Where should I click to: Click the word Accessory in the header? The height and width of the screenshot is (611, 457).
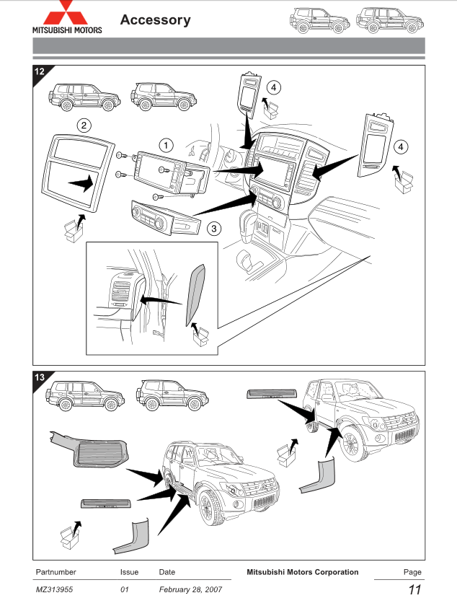click(x=156, y=20)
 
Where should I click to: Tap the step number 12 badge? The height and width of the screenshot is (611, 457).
click(x=41, y=71)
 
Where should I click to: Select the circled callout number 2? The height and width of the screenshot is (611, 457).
click(x=84, y=126)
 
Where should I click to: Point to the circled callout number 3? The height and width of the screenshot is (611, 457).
click(x=213, y=229)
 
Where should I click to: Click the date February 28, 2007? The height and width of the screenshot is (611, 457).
click(x=190, y=590)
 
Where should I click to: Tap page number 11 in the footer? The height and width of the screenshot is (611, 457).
click(x=414, y=590)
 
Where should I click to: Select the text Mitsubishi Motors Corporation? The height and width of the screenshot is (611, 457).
click(x=302, y=572)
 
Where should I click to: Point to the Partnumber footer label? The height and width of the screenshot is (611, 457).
click(x=56, y=572)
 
